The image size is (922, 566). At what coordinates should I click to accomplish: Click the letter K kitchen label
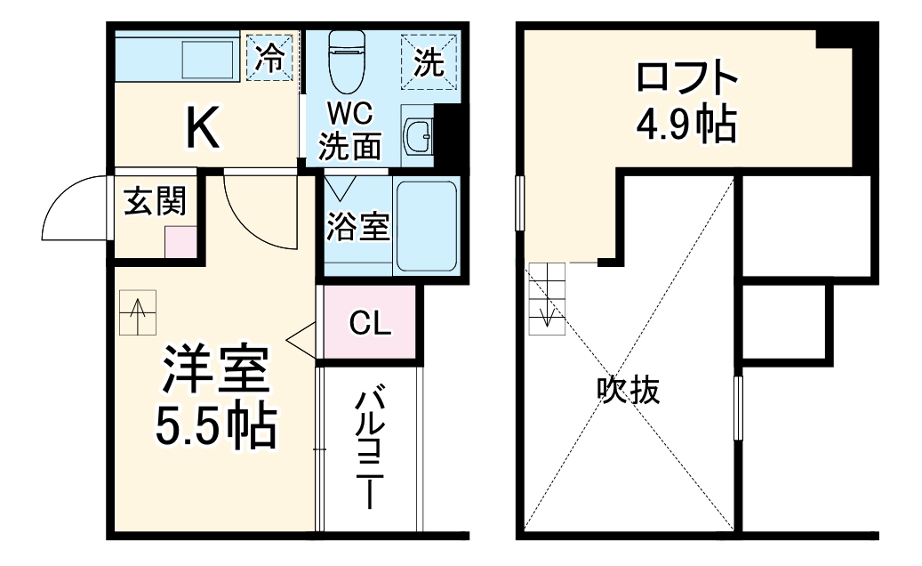(x=203, y=128)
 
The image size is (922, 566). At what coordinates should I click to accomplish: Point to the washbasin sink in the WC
(x=417, y=137)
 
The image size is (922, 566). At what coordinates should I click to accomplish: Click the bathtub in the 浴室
(x=426, y=225)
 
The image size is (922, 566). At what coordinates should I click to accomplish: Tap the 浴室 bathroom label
(x=357, y=226)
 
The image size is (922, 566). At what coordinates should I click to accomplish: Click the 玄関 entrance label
(x=155, y=202)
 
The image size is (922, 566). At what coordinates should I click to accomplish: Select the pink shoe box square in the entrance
(x=180, y=242)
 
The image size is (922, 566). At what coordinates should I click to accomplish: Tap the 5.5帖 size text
(x=214, y=428)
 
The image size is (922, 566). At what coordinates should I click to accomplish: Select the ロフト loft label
(x=685, y=78)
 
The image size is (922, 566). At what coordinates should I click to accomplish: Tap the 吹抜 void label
(x=629, y=391)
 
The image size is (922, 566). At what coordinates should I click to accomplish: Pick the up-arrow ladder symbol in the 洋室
(x=138, y=312)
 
